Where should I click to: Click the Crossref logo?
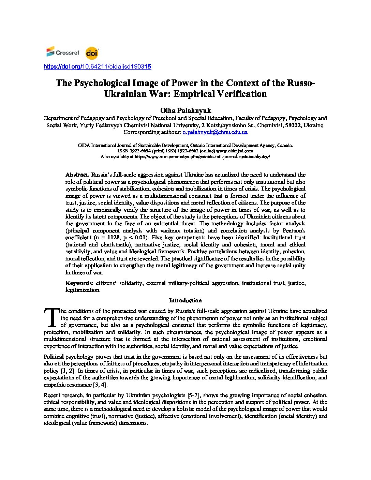pos(63,52)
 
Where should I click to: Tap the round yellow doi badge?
pos(92,53)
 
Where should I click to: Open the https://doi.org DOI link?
pos(97,67)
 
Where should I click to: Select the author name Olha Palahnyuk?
pos(185,110)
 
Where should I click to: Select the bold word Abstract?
pos(77,175)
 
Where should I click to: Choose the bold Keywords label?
pos(79,283)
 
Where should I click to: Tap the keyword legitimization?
pos(82,290)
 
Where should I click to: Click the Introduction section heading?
pos(185,301)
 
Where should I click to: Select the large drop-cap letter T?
pos(51,317)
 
